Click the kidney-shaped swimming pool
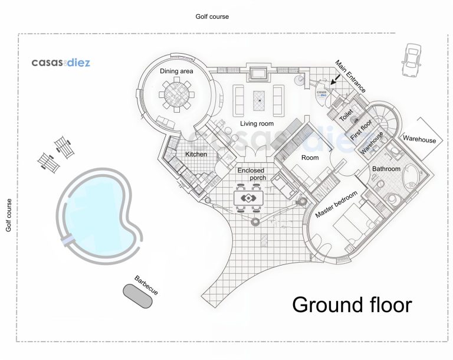tap(99, 215)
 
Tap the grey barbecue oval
tap(137, 296)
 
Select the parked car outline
tap(411, 60)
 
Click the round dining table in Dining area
tap(176, 94)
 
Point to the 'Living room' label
tap(257, 124)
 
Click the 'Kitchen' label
tap(196, 155)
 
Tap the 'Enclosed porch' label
tap(251, 174)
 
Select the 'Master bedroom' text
tap(336, 204)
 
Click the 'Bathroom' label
tap(386, 169)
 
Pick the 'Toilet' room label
tap(346, 115)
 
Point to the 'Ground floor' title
tap(352, 305)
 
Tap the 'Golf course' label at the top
tap(212, 17)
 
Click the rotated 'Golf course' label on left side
tap(9, 215)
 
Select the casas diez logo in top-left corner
tap(61, 63)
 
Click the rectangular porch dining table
tap(248, 198)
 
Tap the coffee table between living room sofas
tap(259, 101)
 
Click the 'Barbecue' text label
tap(146, 286)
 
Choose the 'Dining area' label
tap(176, 71)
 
